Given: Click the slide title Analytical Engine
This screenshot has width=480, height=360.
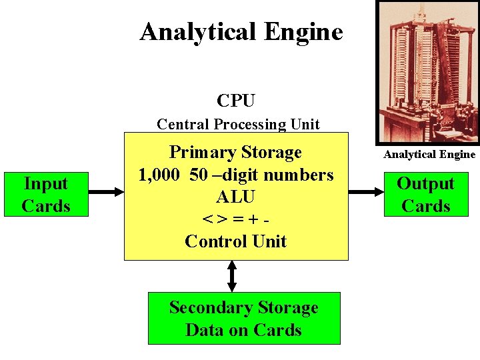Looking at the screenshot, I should click(x=241, y=31).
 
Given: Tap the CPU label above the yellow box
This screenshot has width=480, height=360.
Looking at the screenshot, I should click(x=235, y=101).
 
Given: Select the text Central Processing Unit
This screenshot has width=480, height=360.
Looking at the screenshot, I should click(x=238, y=124).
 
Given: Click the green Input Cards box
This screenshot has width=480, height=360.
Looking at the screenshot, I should click(x=45, y=195).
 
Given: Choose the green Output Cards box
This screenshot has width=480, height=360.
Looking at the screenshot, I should click(x=425, y=195).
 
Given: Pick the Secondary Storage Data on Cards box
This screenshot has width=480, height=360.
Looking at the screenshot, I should click(x=243, y=319).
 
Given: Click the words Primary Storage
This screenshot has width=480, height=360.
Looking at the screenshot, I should click(x=235, y=152).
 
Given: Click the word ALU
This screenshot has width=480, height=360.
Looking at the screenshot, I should click(x=235, y=197).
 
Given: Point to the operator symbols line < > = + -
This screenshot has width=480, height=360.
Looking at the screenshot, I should click(x=235, y=219).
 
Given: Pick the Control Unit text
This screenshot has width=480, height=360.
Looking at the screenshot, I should click(x=235, y=241).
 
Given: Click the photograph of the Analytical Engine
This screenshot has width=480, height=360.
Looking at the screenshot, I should click(x=426, y=70).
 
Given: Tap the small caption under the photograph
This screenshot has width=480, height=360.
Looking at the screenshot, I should click(x=429, y=155).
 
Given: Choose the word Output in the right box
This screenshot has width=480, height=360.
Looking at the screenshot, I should click(x=425, y=183).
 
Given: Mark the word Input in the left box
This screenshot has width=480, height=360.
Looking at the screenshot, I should click(x=45, y=183).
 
